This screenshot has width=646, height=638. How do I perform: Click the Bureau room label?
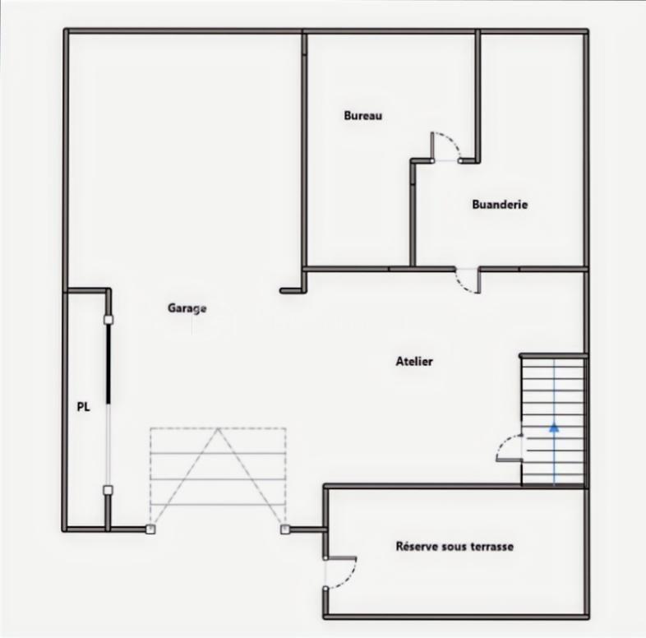(362, 116)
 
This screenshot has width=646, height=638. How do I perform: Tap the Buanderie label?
(500, 205)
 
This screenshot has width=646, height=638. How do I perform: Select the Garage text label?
(187, 308)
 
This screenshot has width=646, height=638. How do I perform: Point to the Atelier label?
(414, 361)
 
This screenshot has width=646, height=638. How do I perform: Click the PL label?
(83, 405)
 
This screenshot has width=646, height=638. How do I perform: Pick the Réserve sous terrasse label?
(455, 546)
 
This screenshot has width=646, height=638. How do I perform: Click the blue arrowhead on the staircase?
(554, 427)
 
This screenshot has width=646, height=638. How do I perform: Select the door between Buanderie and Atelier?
(468, 280)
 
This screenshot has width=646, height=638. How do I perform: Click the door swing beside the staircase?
(510, 447)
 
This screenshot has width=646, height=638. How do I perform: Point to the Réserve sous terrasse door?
(340, 572)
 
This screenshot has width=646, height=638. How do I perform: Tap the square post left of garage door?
(150, 529)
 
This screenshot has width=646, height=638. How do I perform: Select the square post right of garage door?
(285, 529)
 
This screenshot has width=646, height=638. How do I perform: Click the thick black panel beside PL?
(108, 362)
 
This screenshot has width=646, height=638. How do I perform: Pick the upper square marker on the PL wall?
(108, 318)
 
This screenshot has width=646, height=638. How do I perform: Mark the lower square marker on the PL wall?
(108, 490)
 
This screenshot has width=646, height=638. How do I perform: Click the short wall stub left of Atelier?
(293, 289)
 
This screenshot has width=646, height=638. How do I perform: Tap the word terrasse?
(491, 546)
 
